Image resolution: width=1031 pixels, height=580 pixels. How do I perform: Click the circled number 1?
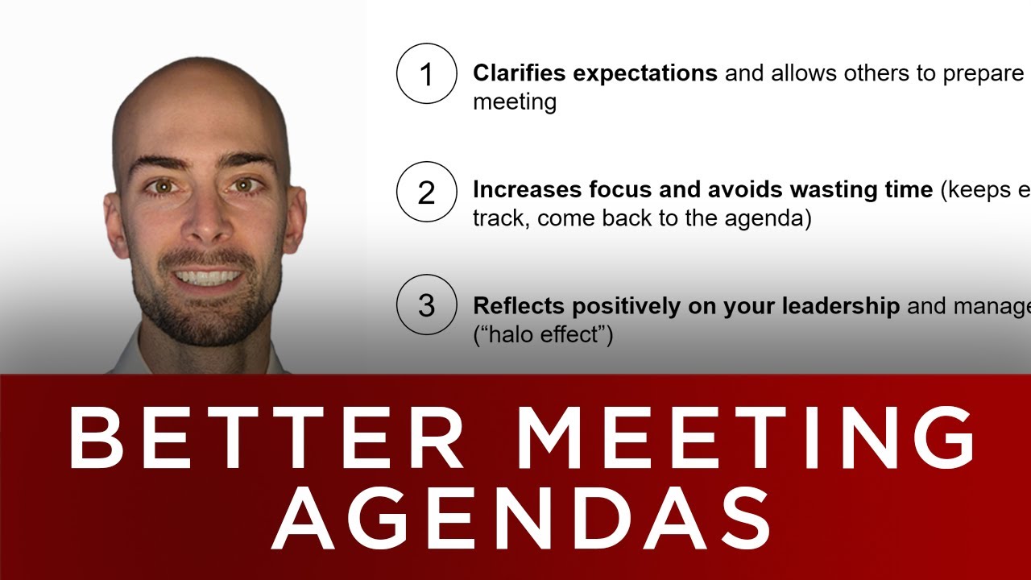pyautogui.click(x=426, y=74)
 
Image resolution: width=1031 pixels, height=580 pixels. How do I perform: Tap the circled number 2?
pyautogui.click(x=426, y=191)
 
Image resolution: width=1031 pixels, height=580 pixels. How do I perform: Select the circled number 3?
pyautogui.click(x=426, y=306)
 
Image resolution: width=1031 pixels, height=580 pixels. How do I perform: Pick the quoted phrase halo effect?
pyautogui.click(x=543, y=334)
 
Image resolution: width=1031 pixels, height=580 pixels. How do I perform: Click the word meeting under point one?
pyautogui.click(x=514, y=103)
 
